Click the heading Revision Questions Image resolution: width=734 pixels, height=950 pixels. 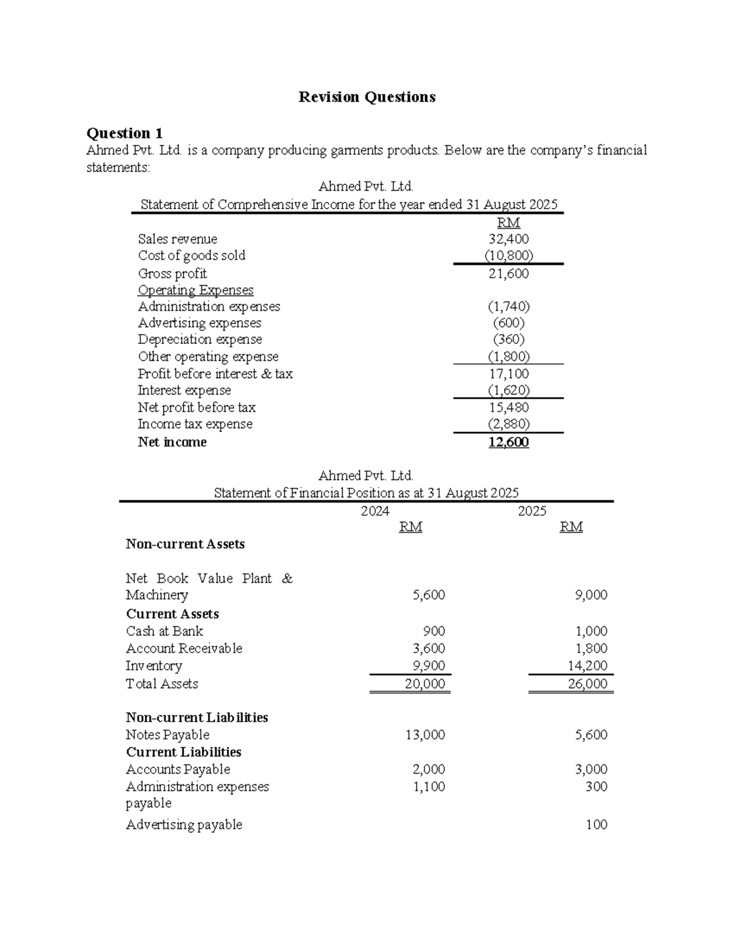click(x=366, y=97)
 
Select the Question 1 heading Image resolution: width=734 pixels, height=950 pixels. click(x=125, y=133)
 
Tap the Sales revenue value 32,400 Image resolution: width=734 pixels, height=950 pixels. click(x=508, y=239)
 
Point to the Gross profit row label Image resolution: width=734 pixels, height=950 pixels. click(x=172, y=273)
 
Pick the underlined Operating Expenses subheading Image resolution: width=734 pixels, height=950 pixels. click(x=195, y=290)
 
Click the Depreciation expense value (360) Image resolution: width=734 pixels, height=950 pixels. click(x=508, y=340)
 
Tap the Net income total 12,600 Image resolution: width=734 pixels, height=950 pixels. click(x=508, y=442)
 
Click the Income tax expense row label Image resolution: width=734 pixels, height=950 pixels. click(x=195, y=424)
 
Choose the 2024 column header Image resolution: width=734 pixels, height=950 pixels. click(x=375, y=511)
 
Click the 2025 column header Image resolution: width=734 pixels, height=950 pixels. click(x=532, y=511)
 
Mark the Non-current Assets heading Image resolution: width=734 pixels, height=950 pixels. click(x=185, y=544)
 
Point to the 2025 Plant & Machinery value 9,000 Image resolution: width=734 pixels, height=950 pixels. click(x=590, y=595)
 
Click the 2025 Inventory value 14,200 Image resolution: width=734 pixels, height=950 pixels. click(x=587, y=666)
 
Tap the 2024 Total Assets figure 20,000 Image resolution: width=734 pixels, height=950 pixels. click(x=424, y=684)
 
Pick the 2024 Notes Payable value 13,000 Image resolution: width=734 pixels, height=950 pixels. click(x=424, y=735)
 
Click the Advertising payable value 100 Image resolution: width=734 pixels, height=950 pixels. click(x=596, y=825)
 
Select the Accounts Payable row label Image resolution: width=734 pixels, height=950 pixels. click(x=178, y=770)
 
